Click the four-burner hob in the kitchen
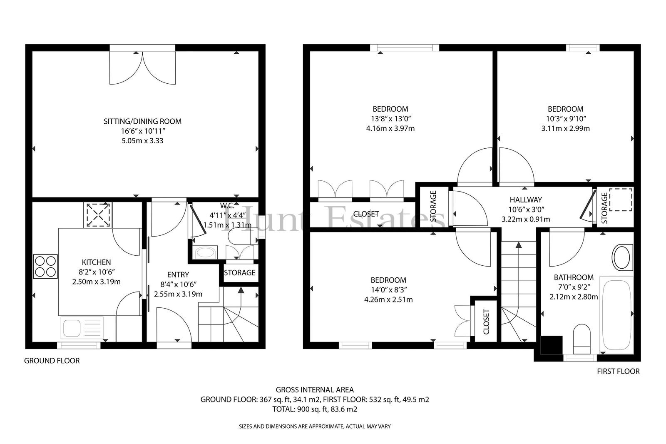[x=45, y=266]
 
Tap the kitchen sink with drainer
[x=82, y=328]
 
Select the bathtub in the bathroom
[x=616, y=315]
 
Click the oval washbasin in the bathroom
[x=622, y=257]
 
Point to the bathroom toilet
[x=582, y=339]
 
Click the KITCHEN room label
[x=96, y=262]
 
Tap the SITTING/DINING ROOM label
[x=142, y=121]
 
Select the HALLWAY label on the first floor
[x=526, y=200]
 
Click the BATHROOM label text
[x=574, y=277]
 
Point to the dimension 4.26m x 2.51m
[x=388, y=299]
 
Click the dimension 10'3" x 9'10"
[x=566, y=118]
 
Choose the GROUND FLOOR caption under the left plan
[x=52, y=361]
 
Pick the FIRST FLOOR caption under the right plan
[x=618, y=371]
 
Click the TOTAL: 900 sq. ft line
[x=315, y=409]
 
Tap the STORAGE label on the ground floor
[x=240, y=272]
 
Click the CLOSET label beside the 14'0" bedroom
[x=486, y=322]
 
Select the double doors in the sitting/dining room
[x=142, y=68]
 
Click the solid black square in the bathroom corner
[x=552, y=345]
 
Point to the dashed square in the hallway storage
[x=621, y=200]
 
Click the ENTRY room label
[x=178, y=274]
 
